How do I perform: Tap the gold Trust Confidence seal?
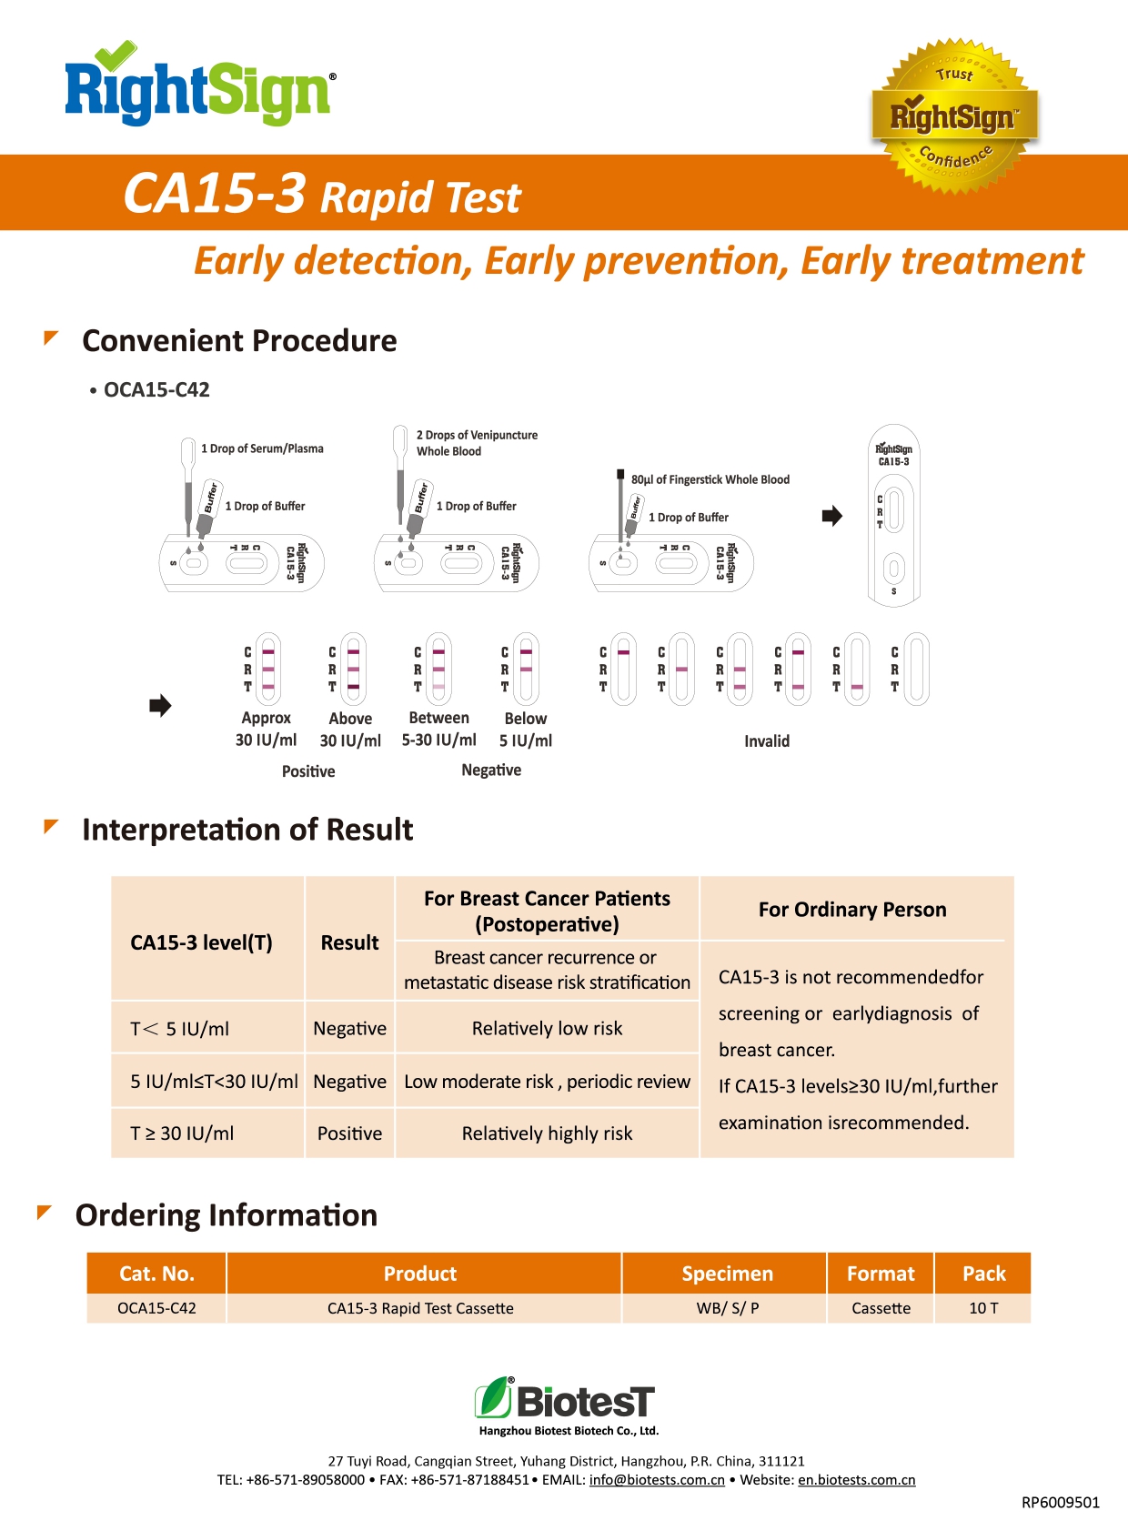pyautogui.click(x=954, y=116)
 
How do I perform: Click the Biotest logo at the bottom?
pyautogui.click(x=565, y=1401)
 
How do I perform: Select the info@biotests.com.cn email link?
pyautogui.click(x=657, y=1480)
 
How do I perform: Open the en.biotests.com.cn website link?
pyautogui.click(x=856, y=1480)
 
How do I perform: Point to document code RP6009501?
pyautogui.click(x=1060, y=1503)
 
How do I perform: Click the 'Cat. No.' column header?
pyautogui.click(x=156, y=1274)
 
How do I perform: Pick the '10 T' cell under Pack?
pyautogui.click(x=983, y=1308)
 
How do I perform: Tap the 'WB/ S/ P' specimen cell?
pyautogui.click(x=727, y=1308)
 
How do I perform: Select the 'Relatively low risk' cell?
pyautogui.click(x=547, y=1029)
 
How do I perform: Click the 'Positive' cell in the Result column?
pyautogui.click(x=349, y=1133)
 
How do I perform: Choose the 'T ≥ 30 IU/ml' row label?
pyautogui.click(x=182, y=1133)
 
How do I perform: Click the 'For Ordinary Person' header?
pyautogui.click(x=852, y=910)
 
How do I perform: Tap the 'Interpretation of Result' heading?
pyautogui.click(x=247, y=830)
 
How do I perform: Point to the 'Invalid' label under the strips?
pyautogui.click(x=767, y=741)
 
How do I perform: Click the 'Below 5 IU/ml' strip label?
pyautogui.click(x=526, y=730)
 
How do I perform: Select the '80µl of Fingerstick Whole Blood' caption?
pyautogui.click(x=710, y=479)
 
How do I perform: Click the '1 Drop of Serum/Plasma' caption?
pyautogui.click(x=262, y=448)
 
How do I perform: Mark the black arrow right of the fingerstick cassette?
pyautogui.click(x=831, y=516)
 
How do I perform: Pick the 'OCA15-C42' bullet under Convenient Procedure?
pyautogui.click(x=156, y=390)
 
